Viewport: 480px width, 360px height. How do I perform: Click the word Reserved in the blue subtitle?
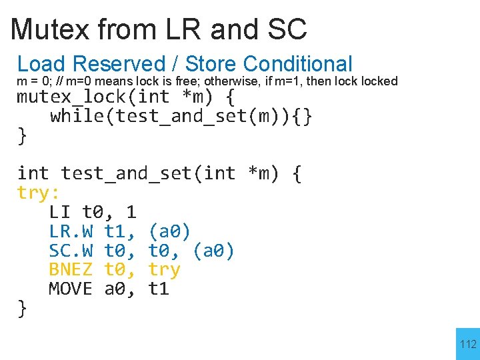118,64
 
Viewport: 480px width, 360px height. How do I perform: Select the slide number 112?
469,344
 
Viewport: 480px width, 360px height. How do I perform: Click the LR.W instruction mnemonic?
71,232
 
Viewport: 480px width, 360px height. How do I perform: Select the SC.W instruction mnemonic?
71,251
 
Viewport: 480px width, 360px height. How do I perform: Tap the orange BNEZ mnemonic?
71,270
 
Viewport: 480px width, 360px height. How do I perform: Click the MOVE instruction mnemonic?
71,289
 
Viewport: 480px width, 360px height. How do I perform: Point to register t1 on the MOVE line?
159,289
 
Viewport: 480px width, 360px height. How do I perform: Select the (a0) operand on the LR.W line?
169,232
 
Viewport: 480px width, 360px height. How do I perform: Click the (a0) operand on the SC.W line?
213,251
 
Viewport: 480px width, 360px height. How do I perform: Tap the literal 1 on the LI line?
131,213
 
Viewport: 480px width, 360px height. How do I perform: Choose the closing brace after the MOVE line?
22,308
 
